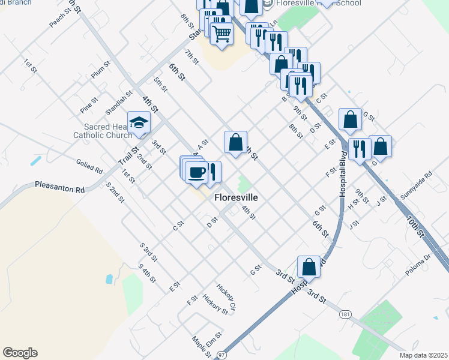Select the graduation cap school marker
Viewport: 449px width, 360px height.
pyautogui.click(x=139, y=123)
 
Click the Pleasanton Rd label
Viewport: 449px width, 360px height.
pyautogui.click(x=59, y=187)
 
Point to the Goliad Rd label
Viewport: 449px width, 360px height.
pyautogui.click(x=89, y=165)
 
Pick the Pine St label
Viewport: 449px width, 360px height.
pyautogui.click(x=88, y=106)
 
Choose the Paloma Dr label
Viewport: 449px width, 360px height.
pyautogui.click(x=418, y=264)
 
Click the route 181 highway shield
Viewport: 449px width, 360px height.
pyautogui.click(x=345, y=314)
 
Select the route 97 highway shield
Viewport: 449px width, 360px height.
pyautogui.click(x=221, y=355)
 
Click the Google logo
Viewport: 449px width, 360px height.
pyautogui.click(x=20, y=353)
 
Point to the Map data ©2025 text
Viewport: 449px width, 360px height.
pyautogui.click(x=423, y=355)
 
